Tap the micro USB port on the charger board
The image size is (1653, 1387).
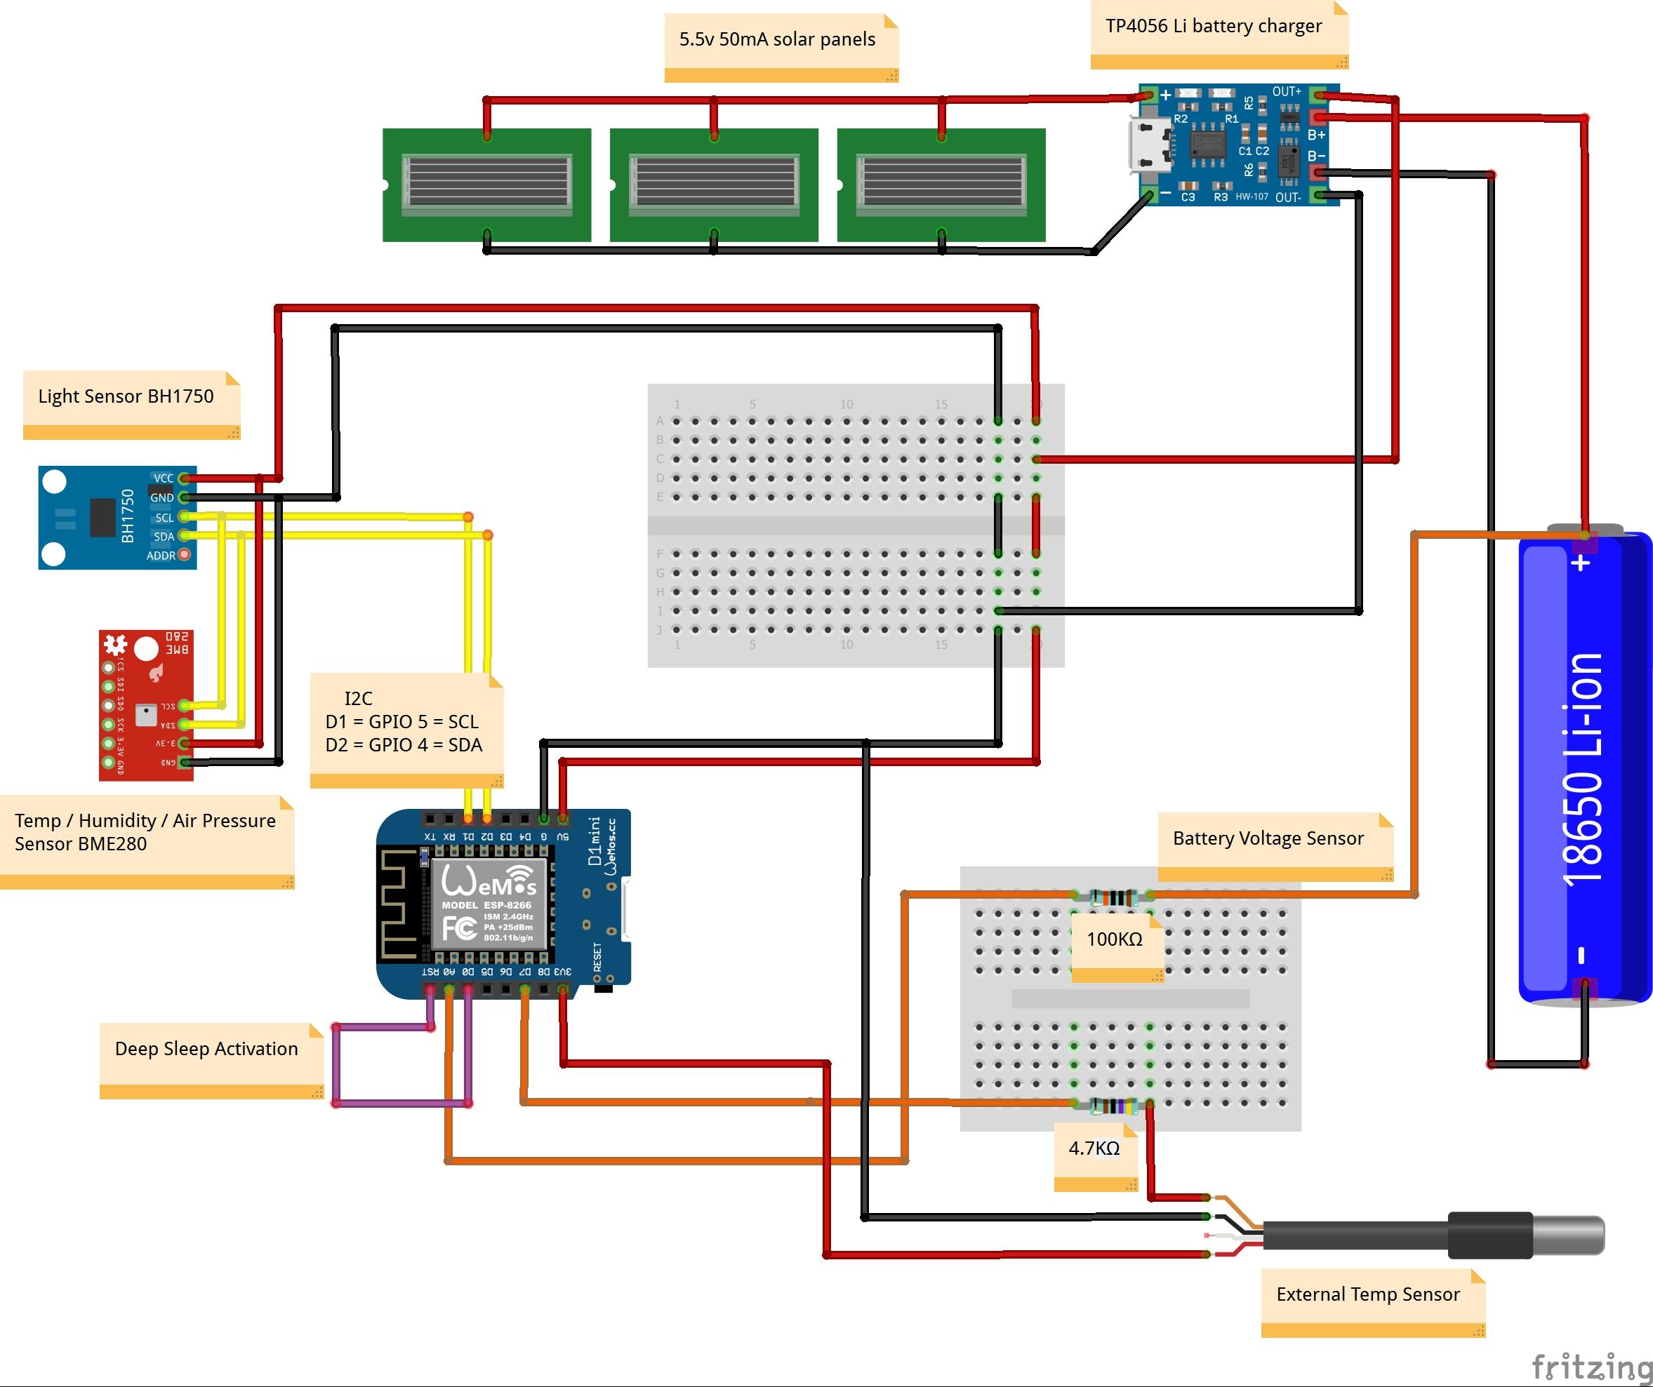click(1150, 145)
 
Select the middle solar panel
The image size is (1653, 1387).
click(714, 185)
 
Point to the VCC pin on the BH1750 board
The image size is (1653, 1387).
click(182, 478)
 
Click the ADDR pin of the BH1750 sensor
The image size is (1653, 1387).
click(184, 555)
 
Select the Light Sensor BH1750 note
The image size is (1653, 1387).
click(131, 402)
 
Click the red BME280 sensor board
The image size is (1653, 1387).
click(145, 705)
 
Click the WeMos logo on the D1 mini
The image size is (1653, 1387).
click(489, 881)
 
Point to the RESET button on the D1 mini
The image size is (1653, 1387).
click(603, 986)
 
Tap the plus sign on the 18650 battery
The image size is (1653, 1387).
click(1581, 563)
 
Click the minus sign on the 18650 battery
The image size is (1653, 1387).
click(1581, 955)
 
